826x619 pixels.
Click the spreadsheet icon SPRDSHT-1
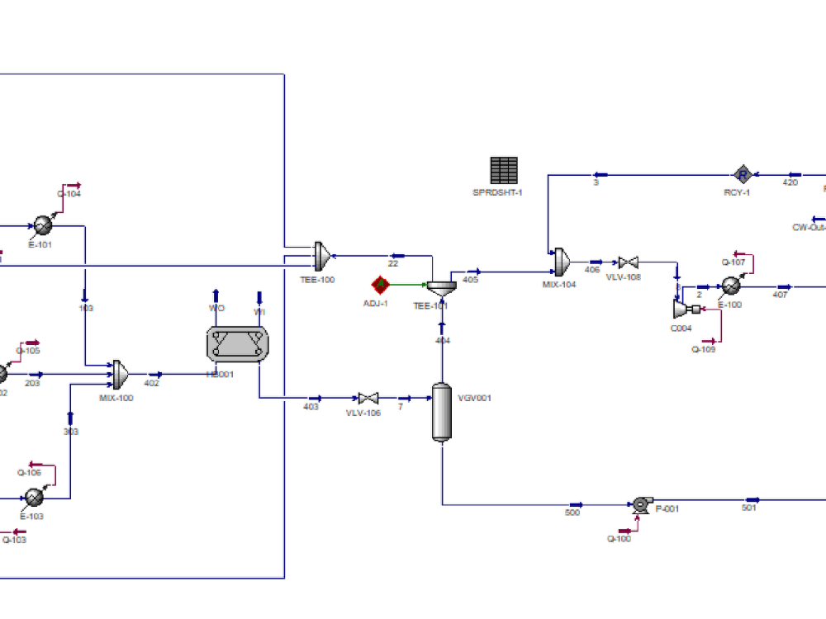(504, 171)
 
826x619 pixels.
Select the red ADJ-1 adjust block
(381, 285)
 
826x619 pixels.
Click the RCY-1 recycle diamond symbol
(743, 174)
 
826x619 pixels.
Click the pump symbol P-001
(640, 504)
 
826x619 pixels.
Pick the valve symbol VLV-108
(629, 263)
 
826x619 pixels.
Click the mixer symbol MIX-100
(121, 375)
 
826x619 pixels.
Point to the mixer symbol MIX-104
(563, 261)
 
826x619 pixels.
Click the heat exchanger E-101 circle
(43, 224)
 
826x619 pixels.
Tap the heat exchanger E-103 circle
(34, 498)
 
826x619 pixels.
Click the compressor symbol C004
(683, 309)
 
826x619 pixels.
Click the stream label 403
(311, 407)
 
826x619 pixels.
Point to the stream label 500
(572, 513)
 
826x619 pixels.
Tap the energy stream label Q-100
(619, 539)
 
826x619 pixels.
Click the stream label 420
(790, 183)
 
